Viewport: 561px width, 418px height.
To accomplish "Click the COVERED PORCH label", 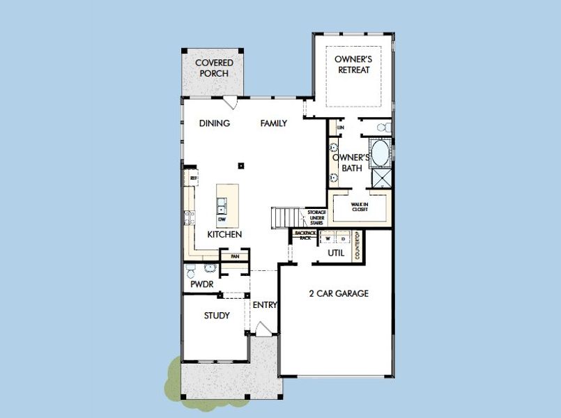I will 214,68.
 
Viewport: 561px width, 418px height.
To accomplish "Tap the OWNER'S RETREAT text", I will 352,64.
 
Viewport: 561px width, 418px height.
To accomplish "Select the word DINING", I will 215,123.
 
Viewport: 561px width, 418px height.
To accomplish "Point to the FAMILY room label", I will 274,123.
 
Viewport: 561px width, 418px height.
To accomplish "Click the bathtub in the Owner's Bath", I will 380,153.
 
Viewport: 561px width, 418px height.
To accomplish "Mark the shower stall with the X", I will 381,178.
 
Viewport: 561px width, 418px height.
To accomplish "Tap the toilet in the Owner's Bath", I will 382,127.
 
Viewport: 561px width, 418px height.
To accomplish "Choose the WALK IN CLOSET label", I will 360,207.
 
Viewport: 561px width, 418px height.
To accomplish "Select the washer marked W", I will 326,238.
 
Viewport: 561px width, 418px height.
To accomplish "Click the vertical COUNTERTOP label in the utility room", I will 357,246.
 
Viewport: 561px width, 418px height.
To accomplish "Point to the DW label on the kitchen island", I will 222,219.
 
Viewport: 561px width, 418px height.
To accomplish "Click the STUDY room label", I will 217,316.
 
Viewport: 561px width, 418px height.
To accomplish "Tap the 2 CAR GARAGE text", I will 339,293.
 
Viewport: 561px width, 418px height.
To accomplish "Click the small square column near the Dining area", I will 240,165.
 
